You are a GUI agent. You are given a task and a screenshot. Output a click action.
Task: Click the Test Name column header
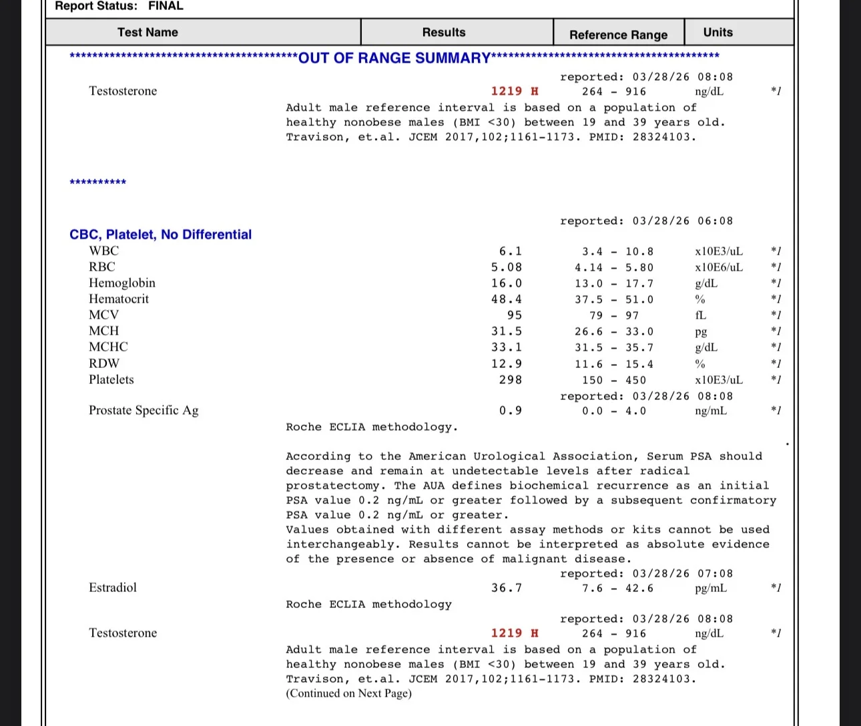tap(148, 32)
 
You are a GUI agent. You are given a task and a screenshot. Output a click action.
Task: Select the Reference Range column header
tap(618, 35)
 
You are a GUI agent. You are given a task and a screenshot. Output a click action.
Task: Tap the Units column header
tap(718, 32)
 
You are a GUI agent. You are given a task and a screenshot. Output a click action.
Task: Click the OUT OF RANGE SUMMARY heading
tap(394, 58)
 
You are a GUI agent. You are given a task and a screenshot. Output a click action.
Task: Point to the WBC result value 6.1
tap(511, 251)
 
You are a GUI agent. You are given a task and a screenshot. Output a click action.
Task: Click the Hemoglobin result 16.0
tap(507, 283)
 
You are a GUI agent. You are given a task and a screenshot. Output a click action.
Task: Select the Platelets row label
tap(111, 379)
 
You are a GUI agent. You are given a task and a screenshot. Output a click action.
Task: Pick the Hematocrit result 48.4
tap(507, 299)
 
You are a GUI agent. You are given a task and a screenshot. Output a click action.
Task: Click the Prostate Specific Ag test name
tap(143, 410)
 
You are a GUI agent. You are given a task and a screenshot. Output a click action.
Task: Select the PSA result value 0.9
tap(511, 411)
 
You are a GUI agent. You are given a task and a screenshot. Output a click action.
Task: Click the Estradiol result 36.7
tap(507, 588)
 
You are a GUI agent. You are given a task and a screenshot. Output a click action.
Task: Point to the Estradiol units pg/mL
tap(711, 588)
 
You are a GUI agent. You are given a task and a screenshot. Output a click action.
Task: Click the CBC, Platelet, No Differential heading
tap(160, 235)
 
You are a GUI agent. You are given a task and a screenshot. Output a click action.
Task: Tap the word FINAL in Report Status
tap(166, 6)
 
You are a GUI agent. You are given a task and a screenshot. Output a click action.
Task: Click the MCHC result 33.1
tap(507, 347)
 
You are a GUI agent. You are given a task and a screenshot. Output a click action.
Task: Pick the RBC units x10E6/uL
tap(718, 267)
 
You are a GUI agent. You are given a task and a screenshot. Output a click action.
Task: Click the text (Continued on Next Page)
tap(348, 693)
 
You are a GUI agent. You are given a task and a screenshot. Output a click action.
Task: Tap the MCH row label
tap(104, 331)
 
